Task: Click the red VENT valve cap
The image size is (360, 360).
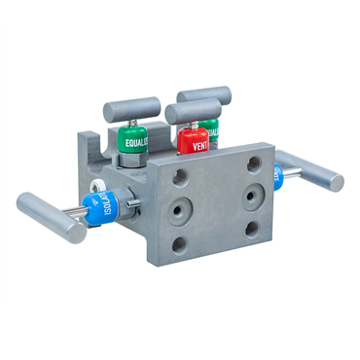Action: pyautogui.click(x=193, y=142)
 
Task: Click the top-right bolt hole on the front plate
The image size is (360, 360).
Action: pyautogui.click(x=254, y=164)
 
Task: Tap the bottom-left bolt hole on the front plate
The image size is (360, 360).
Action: pyautogui.click(x=179, y=243)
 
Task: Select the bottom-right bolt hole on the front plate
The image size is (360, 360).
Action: pyautogui.click(x=252, y=230)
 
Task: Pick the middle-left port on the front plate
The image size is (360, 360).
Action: pyautogui.click(x=181, y=210)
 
